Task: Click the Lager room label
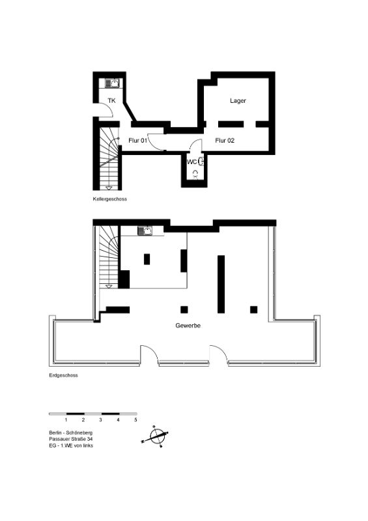(238, 100)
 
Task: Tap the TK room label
(111, 100)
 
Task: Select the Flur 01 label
(137, 141)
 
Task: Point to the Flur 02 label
(225, 141)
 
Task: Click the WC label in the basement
(191, 162)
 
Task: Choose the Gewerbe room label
(188, 326)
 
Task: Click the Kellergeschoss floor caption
(109, 199)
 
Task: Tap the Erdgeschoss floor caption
(63, 375)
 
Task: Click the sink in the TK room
(112, 83)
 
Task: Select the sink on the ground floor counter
(145, 231)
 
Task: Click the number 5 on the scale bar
(135, 420)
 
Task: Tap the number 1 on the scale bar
(66, 420)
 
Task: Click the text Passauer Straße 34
(71, 439)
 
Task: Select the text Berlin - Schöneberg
(71, 432)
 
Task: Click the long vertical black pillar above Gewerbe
(221, 284)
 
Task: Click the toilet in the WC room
(195, 174)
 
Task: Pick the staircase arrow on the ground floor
(109, 286)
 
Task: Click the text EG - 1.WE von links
(71, 445)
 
